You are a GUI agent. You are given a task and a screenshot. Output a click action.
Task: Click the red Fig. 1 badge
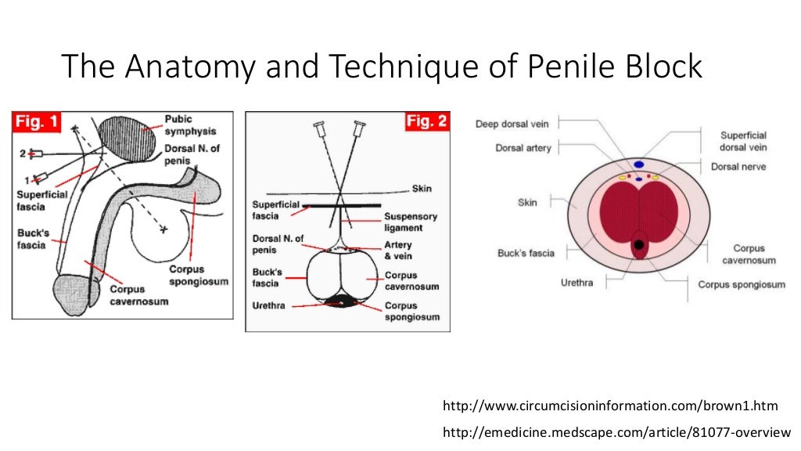[38, 123]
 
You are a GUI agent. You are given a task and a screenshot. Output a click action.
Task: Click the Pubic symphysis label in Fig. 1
[190, 125]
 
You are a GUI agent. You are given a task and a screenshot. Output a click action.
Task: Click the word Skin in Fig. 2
[422, 189]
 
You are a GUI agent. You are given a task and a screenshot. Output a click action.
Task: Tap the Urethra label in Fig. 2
[268, 305]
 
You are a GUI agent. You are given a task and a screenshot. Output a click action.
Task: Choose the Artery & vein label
[397, 251]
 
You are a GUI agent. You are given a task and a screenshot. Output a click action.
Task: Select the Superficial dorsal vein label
[743, 141]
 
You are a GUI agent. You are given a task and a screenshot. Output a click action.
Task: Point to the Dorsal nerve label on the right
[738, 167]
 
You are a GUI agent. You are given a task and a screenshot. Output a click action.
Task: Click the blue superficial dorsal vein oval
[638, 164]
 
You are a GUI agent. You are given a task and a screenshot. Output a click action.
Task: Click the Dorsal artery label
[523, 147]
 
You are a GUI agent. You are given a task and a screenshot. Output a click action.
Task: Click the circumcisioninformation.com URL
[611, 406]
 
